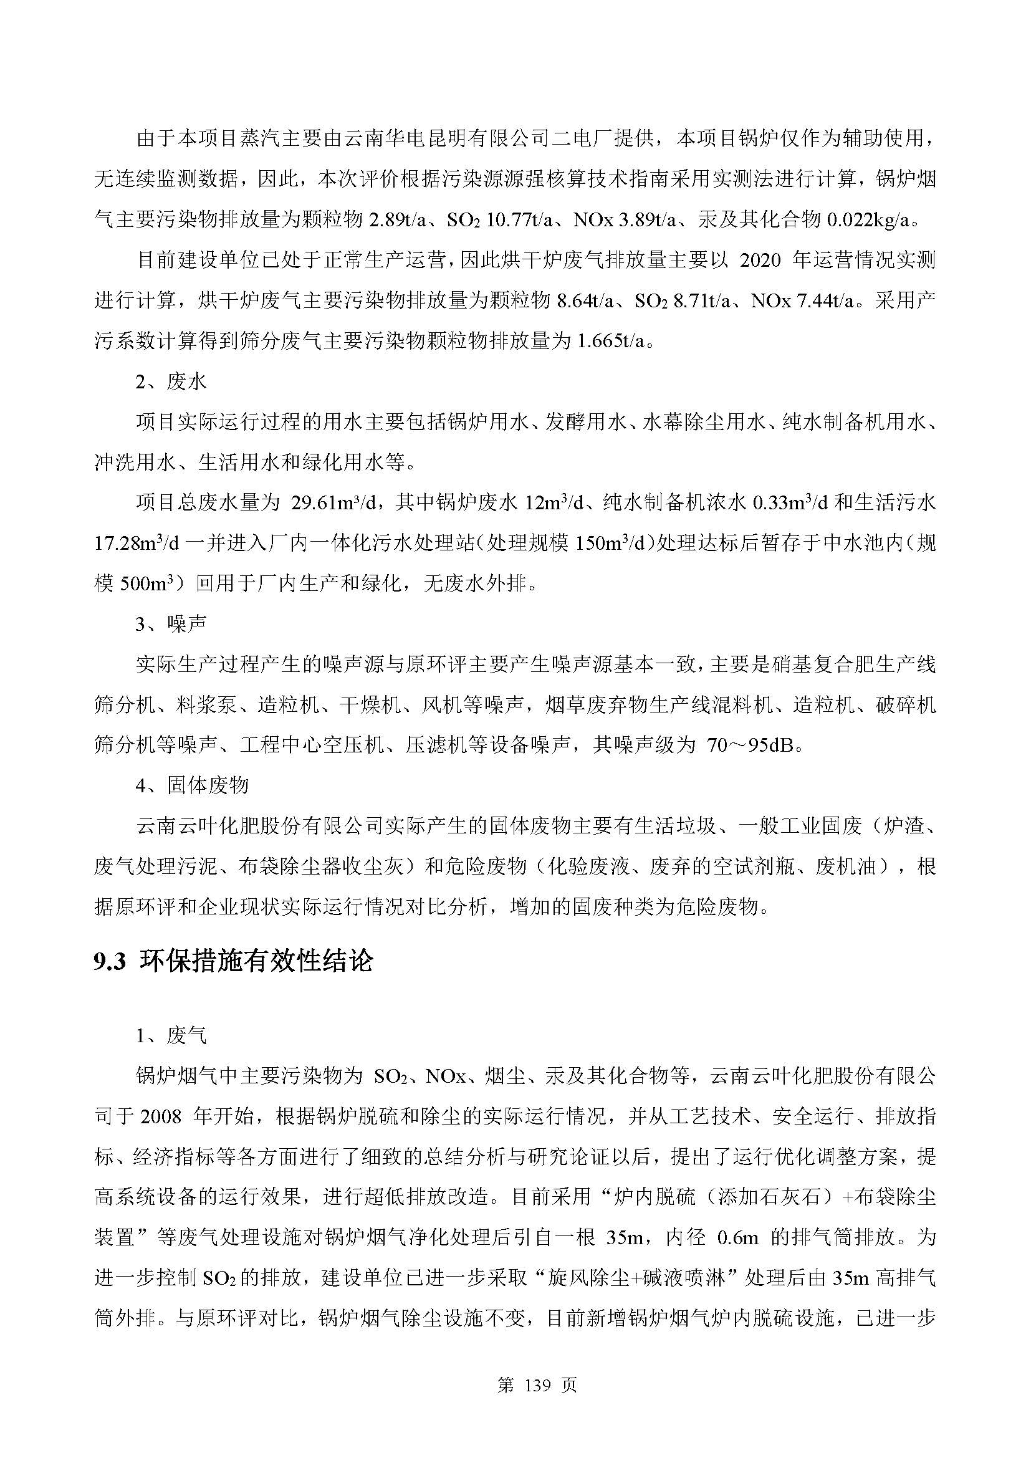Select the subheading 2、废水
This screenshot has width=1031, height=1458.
tap(171, 381)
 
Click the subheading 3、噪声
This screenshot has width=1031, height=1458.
tap(171, 624)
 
